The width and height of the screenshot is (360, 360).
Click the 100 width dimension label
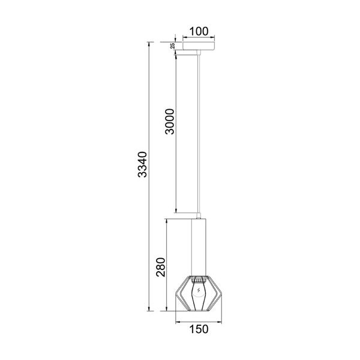click(199, 31)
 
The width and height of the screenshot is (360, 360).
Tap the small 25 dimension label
click(173, 46)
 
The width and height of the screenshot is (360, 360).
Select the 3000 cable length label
click(170, 121)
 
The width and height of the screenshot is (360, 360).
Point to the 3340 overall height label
click(142, 164)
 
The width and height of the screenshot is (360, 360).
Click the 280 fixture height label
click(161, 267)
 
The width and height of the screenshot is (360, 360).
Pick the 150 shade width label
click(199, 329)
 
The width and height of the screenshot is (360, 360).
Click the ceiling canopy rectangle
click(199, 46)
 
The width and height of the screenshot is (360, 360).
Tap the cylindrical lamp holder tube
click(199, 247)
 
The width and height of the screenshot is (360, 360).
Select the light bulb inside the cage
click(199, 296)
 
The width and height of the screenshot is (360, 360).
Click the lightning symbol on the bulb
click(199, 290)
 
